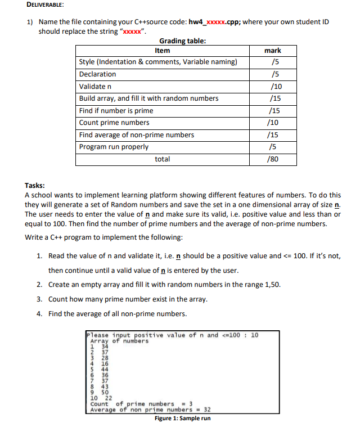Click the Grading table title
pos(182,41)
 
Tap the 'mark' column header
pos(273,51)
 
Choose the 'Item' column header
pos(162,51)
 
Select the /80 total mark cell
pos(274,160)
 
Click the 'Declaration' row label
pos(97,74)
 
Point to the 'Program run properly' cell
pos(114,147)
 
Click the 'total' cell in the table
pos(162,160)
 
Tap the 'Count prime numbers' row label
pos(114,123)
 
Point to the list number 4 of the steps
pos(39,313)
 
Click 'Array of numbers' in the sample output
pos(119,341)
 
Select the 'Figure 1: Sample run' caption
pos(183,419)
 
